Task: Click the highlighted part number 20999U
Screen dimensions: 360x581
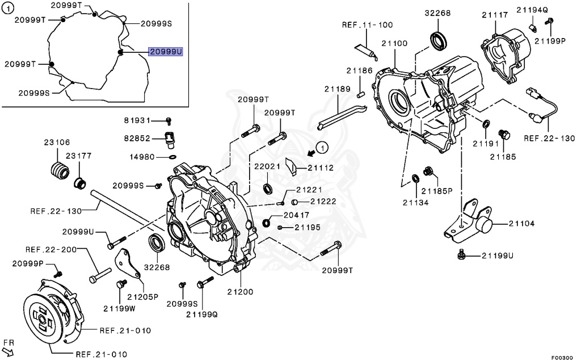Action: tap(166, 52)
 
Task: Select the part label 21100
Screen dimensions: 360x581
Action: tap(394, 44)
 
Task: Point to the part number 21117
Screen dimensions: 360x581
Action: tap(495, 15)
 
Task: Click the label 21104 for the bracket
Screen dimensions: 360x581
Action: tap(521, 224)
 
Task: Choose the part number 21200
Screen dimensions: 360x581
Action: tap(241, 292)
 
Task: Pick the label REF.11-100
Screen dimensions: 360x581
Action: tap(367, 24)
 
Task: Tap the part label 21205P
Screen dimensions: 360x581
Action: tap(142, 296)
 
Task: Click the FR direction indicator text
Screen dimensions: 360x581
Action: tap(8, 343)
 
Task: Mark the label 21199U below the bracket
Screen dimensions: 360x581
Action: tap(498, 256)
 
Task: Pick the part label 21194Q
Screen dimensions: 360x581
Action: tap(532, 9)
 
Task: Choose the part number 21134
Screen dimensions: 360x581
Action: tap(415, 202)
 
